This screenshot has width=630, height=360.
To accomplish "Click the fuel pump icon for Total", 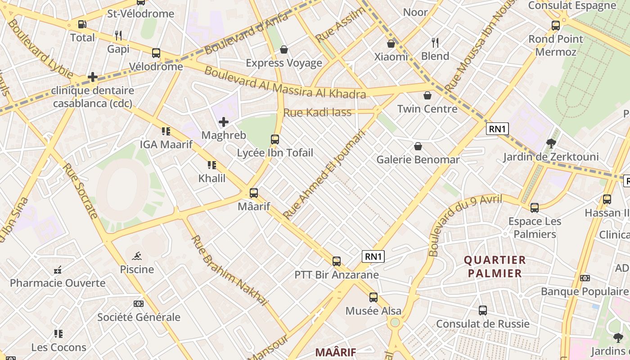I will click(x=82, y=24).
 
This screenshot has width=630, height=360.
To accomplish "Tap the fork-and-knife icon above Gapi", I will click(x=118, y=35).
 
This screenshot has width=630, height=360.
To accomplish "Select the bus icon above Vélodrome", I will click(x=156, y=53).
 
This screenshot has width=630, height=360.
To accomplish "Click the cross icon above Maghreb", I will click(x=224, y=122).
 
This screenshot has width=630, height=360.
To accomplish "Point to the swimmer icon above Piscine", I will click(x=137, y=256).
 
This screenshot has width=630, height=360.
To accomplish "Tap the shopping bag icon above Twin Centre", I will click(x=427, y=95).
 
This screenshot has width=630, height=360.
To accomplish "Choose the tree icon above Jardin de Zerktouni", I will click(x=551, y=144).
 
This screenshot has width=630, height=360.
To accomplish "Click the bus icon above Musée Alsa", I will click(x=373, y=297).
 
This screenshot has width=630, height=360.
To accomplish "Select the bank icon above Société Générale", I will click(x=139, y=304).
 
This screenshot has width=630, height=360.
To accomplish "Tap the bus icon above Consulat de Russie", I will click(x=483, y=310).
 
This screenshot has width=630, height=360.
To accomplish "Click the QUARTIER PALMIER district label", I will click(x=495, y=266).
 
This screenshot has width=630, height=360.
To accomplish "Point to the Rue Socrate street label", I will click(x=80, y=191).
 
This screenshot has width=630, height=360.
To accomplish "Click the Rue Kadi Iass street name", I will click(x=317, y=112).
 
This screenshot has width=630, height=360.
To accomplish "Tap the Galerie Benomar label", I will click(x=418, y=160).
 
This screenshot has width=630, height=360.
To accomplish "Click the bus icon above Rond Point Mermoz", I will click(x=556, y=26).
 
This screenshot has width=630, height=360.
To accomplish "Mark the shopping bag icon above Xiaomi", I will click(x=391, y=44).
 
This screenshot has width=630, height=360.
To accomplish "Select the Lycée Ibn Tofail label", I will click(x=275, y=153).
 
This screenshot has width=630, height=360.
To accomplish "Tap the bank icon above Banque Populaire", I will click(x=585, y=278).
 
